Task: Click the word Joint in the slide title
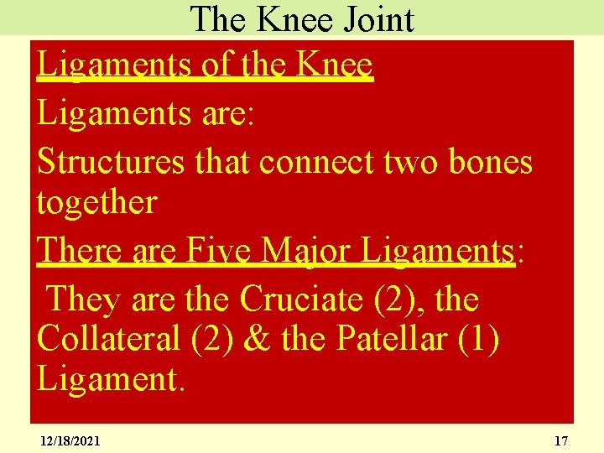[x=375, y=18]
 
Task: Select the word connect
[x=314, y=161]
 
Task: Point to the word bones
[x=491, y=161]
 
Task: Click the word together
[x=96, y=202]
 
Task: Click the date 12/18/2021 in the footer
[x=70, y=440]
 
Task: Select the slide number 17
[x=561, y=440]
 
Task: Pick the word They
[x=82, y=298]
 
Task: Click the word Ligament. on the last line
[x=110, y=379]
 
